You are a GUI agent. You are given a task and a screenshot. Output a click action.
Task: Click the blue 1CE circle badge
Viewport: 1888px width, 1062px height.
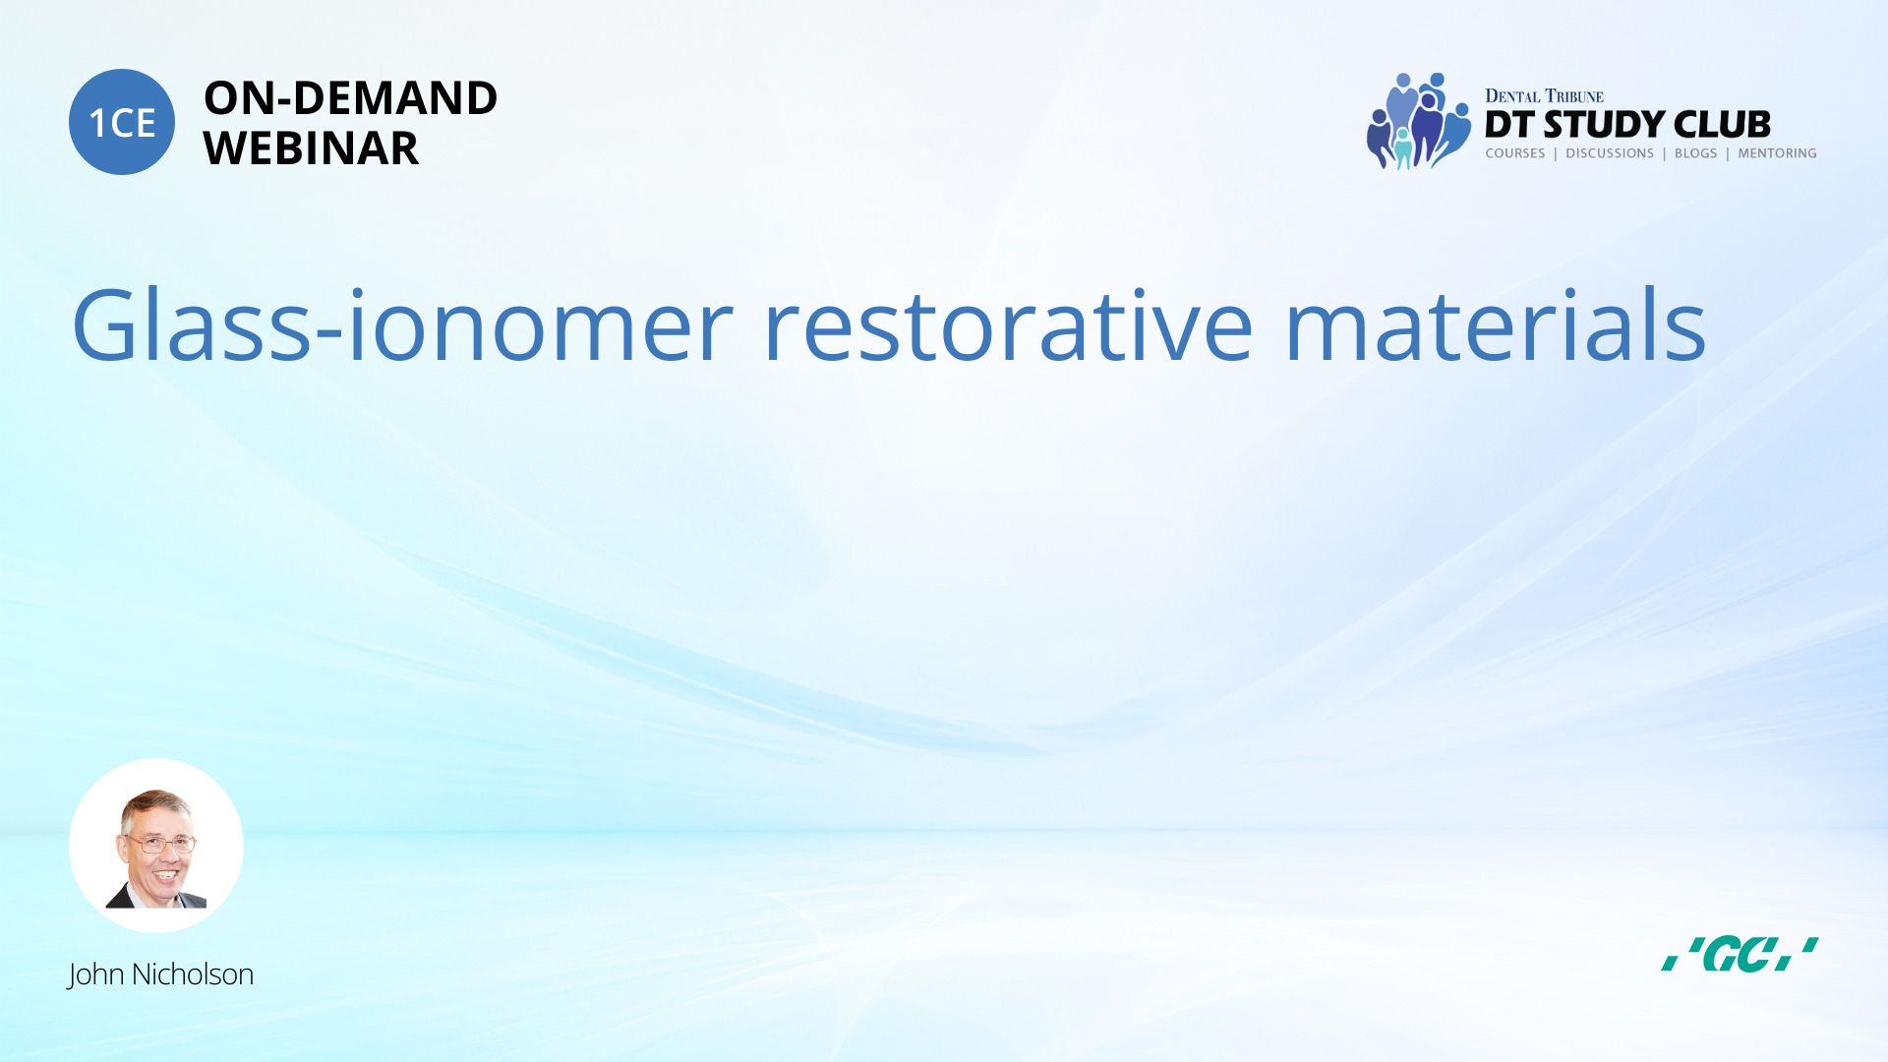coord(122,122)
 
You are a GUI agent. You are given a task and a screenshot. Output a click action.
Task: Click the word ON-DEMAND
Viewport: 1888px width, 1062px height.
coord(350,98)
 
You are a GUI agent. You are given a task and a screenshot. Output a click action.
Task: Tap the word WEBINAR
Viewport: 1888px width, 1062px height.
coord(311,148)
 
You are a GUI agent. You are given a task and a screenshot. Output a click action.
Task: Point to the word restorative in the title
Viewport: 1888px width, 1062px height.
coord(1009,324)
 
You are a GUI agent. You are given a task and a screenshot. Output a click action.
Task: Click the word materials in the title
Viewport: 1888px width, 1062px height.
coord(1496,324)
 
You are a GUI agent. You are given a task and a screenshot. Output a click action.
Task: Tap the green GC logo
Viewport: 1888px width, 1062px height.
coord(1740,954)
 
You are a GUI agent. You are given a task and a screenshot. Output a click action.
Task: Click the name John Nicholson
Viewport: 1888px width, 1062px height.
coord(160,974)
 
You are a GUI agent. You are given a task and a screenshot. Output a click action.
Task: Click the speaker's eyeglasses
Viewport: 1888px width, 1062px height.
coord(160,843)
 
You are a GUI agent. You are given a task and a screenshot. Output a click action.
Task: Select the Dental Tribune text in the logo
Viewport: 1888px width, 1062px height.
coord(1544,96)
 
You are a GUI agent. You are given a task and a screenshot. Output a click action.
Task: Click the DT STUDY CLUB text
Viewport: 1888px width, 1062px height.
coord(1627,125)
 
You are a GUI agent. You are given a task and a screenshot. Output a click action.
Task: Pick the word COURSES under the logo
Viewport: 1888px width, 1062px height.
coord(1515,153)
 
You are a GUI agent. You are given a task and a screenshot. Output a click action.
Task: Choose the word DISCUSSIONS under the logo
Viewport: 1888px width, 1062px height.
coord(1610,153)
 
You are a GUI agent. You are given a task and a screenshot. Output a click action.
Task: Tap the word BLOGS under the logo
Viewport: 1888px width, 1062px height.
coord(1695,153)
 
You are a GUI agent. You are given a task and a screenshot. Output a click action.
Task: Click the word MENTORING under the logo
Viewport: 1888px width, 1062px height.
coord(1777,153)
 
